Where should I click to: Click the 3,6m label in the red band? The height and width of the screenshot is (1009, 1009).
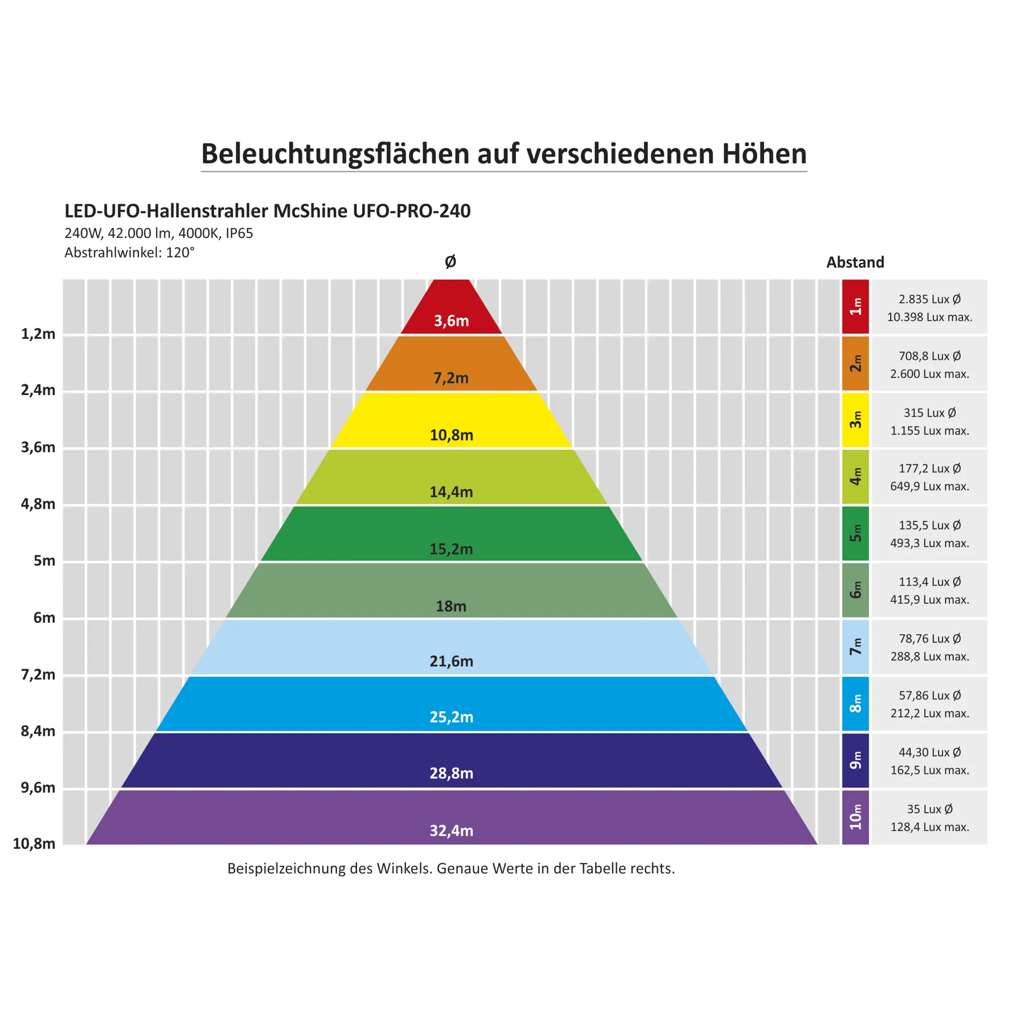tap(451, 321)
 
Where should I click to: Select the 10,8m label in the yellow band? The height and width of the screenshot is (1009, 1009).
tap(451, 435)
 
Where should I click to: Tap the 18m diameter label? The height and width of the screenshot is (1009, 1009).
tap(451, 606)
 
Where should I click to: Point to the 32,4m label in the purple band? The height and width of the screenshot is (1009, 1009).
tap(451, 830)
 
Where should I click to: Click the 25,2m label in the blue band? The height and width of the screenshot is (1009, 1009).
tap(451, 717)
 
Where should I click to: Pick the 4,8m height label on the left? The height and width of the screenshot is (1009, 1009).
tap(38, 504)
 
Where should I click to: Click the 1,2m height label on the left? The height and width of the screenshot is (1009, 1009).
tap(38, 334)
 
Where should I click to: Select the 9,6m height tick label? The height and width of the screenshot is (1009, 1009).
tap(38, 787)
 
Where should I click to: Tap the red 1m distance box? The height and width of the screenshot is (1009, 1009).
tap(855, 306)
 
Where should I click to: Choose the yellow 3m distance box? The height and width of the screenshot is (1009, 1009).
tap(855, 420)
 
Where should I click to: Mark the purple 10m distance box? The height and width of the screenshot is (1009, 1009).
tap(855, 817)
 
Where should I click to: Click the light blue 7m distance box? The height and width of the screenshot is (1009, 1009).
tap(855, 647)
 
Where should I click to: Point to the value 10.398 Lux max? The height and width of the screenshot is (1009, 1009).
tap(929, 317)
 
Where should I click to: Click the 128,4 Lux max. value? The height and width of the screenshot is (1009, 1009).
tap(929, 827)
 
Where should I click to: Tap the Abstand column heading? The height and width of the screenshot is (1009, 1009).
tap(855, 262)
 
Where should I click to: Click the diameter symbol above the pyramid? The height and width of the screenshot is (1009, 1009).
tap(450, 262)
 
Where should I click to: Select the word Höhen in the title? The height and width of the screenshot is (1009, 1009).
tap(764, 154)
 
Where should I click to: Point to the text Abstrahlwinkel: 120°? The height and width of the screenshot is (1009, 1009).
tap(129, 253)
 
